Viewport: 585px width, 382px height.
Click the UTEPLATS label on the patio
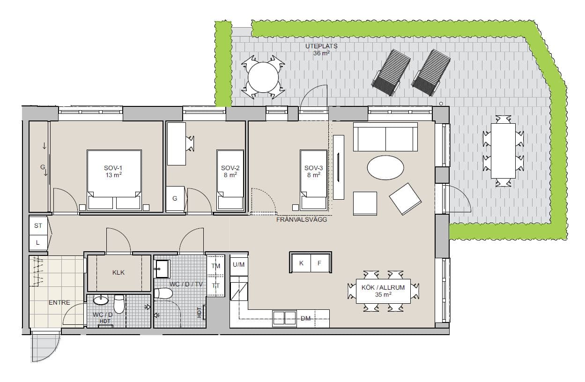coord(321,46)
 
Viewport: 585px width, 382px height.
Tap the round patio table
coord(263,77)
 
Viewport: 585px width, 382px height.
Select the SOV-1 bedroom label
coord(113,168)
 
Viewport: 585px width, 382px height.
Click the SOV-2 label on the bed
coord(230,168)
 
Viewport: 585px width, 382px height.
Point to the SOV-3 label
coord(313,168)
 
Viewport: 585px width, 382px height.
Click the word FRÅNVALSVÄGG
coord(302,220)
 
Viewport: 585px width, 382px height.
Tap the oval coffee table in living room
coord(385,167)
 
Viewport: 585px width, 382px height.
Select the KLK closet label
coord(118,272)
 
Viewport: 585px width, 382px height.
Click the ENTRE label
coord(59,303)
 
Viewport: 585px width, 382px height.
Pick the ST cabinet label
coord(38,225)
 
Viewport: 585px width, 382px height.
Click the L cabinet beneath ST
coord(38,243)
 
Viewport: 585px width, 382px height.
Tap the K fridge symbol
coord(301,263)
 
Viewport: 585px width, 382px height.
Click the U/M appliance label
coord(238,265)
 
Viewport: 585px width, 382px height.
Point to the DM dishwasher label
coord(305,319)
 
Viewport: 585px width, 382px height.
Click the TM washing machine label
coord(216,266)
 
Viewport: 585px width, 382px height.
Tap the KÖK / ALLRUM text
coord(383,287)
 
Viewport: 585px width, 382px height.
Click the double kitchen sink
coord(284,318)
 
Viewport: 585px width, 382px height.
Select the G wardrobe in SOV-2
coord(175,199)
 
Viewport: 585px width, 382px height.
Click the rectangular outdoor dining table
coord(503,151)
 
